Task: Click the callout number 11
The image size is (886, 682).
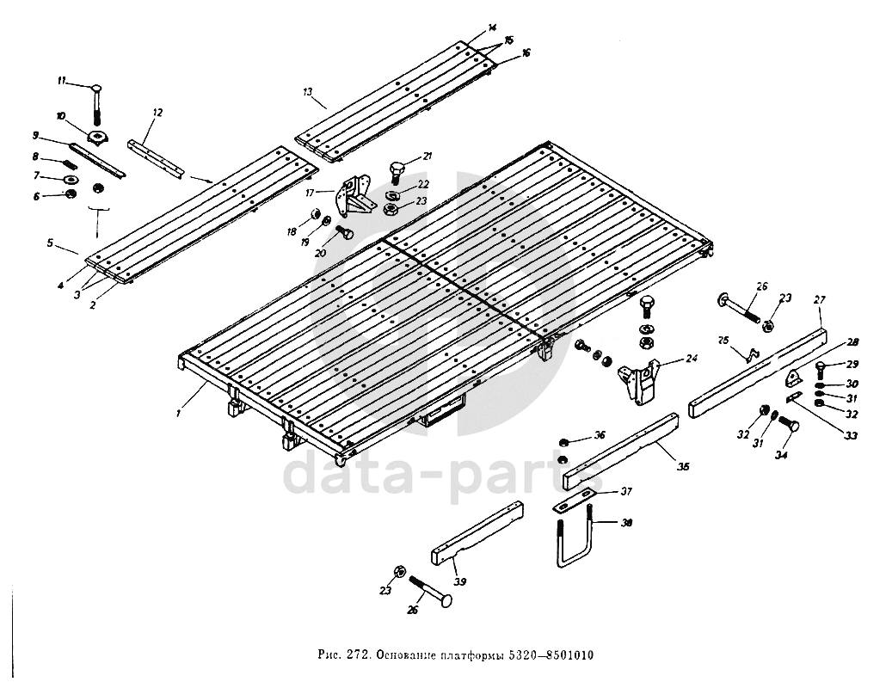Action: coord(61,80)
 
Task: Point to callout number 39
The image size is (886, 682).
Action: coord(460,582)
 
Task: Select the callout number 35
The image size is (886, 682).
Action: coord(683,467)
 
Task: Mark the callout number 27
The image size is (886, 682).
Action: coord(818,299)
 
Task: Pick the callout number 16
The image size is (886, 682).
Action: coord(526,52)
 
